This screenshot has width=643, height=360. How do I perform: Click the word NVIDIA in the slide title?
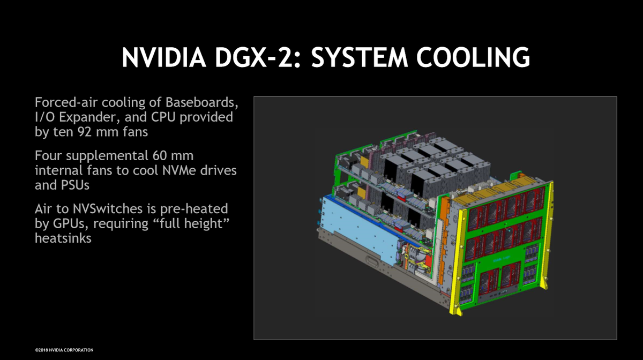point(164,57)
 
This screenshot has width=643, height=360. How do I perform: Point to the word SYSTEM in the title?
point(360,57)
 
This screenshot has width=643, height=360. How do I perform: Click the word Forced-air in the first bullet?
point(66,102)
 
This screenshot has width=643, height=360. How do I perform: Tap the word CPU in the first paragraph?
point(163,117)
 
